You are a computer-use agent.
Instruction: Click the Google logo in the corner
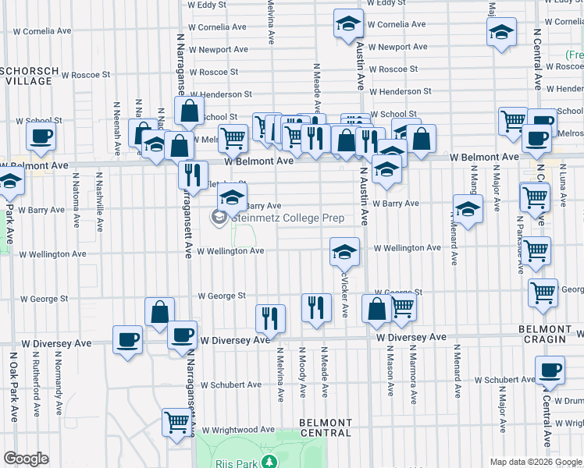[x=26, y=459]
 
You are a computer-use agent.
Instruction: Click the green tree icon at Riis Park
[x=269, y=463]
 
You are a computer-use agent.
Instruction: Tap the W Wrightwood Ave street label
[x=238, y=430]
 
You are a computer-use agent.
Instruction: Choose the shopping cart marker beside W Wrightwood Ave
[x=177, y=422]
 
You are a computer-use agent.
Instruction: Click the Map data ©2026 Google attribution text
[x=535, y=461]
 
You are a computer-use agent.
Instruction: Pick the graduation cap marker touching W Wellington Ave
[x=344, y=251]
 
